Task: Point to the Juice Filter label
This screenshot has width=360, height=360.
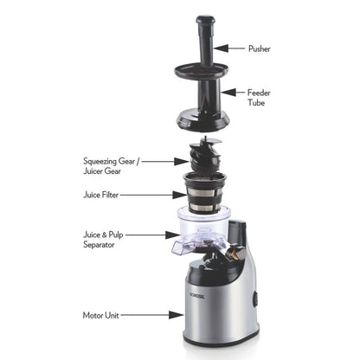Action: coord(103,196)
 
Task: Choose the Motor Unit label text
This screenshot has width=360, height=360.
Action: coord(102,315)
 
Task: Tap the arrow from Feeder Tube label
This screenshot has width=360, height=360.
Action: coord(229,92)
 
